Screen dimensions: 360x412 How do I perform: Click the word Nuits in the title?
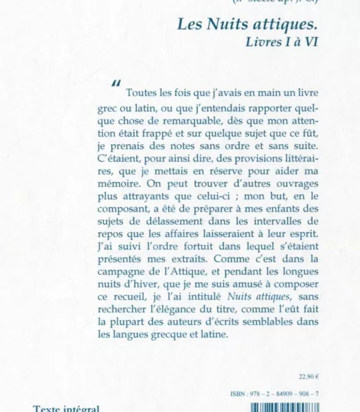[x=221, y=24]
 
